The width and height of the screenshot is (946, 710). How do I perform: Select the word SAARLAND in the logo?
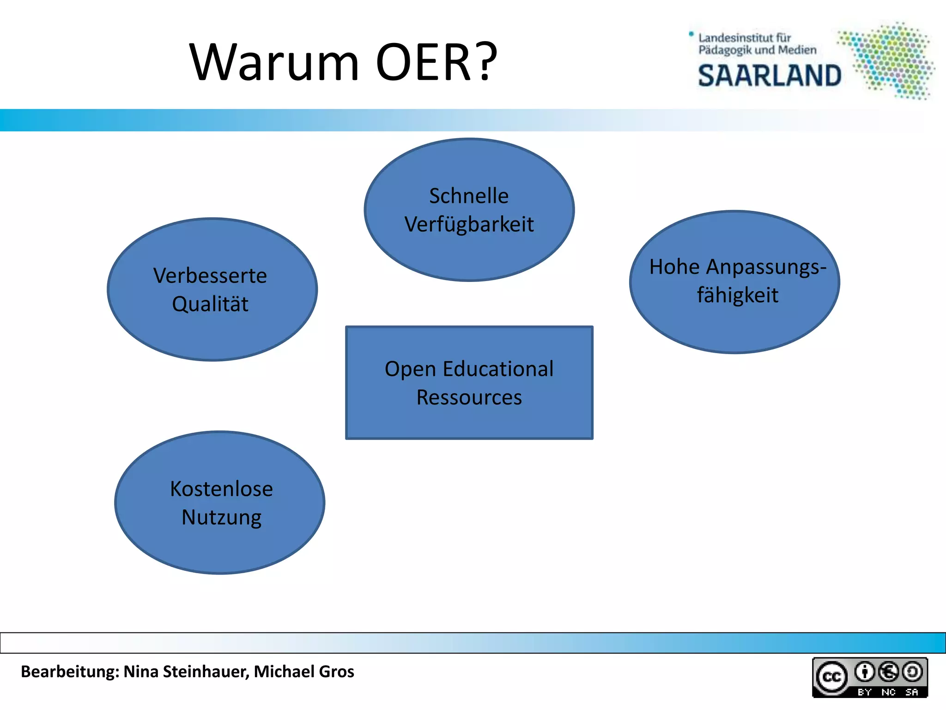tap(770, 76)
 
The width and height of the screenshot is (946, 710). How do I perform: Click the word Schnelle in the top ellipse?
tap(469, 196)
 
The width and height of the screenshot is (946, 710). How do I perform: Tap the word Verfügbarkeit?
tap(469, 225)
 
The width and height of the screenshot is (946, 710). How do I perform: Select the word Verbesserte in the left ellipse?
tap(210, 276)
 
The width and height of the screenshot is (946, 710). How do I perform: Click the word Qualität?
tap(210, 304)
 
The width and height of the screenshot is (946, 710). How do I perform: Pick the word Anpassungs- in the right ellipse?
tap(766, 267)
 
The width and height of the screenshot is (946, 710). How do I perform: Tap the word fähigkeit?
tap(738, 295)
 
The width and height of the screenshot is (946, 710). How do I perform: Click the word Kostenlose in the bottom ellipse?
tap(221, 489)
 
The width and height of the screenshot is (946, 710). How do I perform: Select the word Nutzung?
tap(221, 517)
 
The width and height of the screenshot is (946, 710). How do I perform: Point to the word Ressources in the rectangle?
tap(469, 398)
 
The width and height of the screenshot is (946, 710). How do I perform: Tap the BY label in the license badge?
tap(864, 692)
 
